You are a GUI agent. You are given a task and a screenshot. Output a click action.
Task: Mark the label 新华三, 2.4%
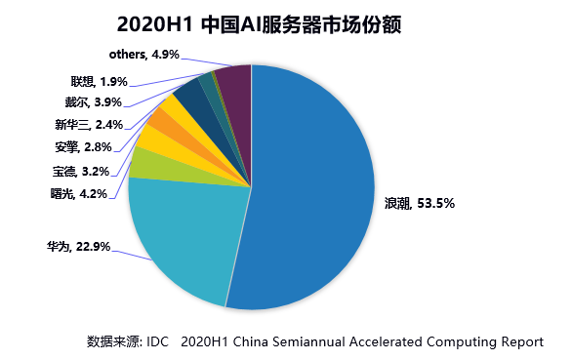86,124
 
